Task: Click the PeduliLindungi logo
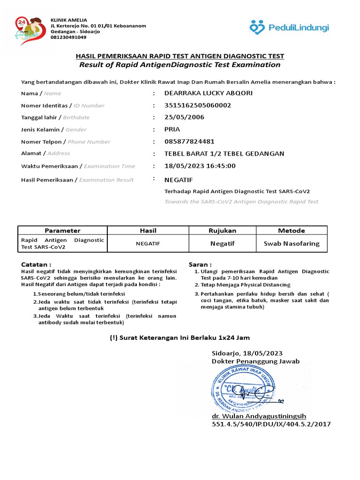click(x=289, y=28)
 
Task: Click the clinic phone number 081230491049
click(x=68, y=37)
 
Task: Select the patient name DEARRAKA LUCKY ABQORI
click(x=208, y=93)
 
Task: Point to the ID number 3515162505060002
click(x=197, y=105)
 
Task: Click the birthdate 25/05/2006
click(x=184, y=117)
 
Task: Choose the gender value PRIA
click(x=172, y=129)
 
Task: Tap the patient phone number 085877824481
click(x=189, y=142)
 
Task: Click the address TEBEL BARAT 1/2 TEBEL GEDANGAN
click(x=224, y=154)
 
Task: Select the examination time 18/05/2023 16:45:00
click(x=200, y=166)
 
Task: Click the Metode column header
click(x=292, y=231)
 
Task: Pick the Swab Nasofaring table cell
click(x=292, y=243)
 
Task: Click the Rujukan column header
click(x=223, y=231)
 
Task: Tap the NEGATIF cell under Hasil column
click(x=148, y=244)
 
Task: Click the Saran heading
click(x=200, y=264)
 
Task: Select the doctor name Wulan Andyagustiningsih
click(x=259, y=416)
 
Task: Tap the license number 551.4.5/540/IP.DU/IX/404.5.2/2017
click(x=271, y=424)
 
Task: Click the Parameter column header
click(x=62, y=231)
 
